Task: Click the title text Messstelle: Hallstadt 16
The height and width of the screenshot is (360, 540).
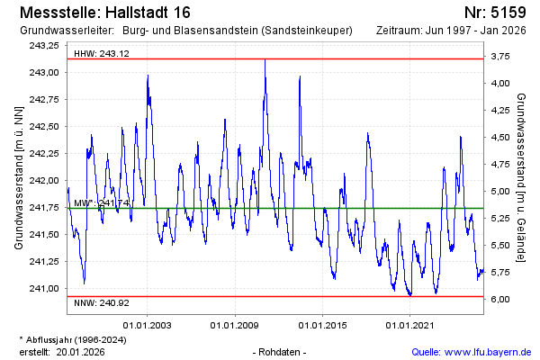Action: [103, 13]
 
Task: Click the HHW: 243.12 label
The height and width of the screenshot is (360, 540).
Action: [100, 53]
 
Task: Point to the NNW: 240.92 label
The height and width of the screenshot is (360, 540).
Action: [100, 303]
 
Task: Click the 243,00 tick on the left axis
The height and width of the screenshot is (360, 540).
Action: [43, 72]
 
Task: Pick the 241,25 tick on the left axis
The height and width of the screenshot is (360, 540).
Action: [43, 261]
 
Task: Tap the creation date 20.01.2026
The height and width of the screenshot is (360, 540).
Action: [80, 352]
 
